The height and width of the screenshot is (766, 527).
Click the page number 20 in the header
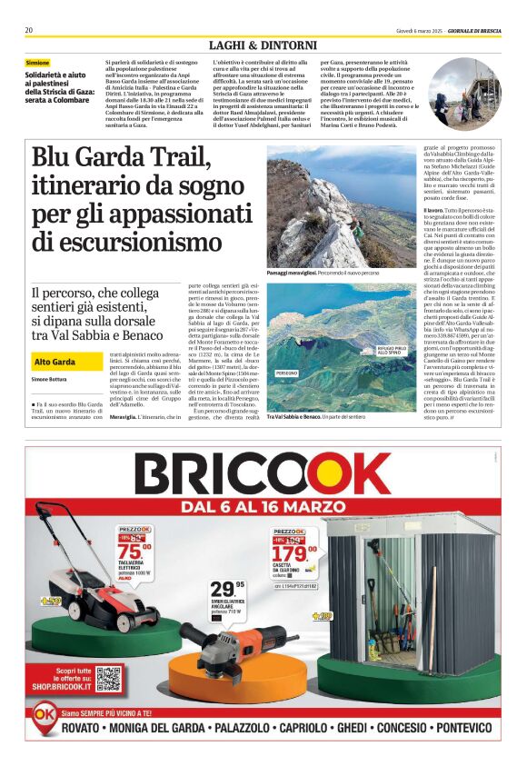click(x=29, y=30)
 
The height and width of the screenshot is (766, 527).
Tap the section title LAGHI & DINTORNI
click(x=263, y=45)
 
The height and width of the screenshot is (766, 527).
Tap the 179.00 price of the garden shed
click(x=293, y=552)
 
